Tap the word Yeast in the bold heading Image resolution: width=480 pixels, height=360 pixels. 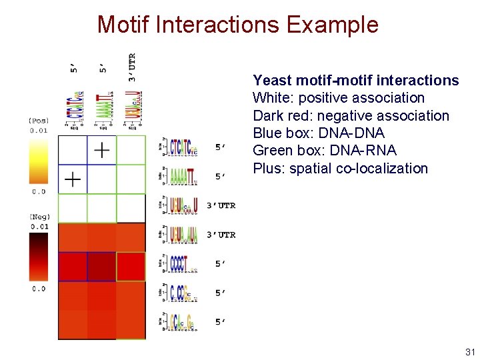(x=272, y=81)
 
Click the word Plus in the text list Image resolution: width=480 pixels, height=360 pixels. (x=268, y=168)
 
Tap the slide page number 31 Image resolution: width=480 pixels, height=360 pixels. (x=469, y=351)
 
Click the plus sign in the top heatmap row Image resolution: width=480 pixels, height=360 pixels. (x=101, y=150)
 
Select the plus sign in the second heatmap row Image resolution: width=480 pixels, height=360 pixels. (x=72, y=179)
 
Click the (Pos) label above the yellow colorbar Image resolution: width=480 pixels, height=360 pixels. (x=37, y=121)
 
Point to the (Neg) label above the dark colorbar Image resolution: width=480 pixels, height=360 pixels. (x=37, y=217)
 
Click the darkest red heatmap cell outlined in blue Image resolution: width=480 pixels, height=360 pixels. (x=101, y=267)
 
